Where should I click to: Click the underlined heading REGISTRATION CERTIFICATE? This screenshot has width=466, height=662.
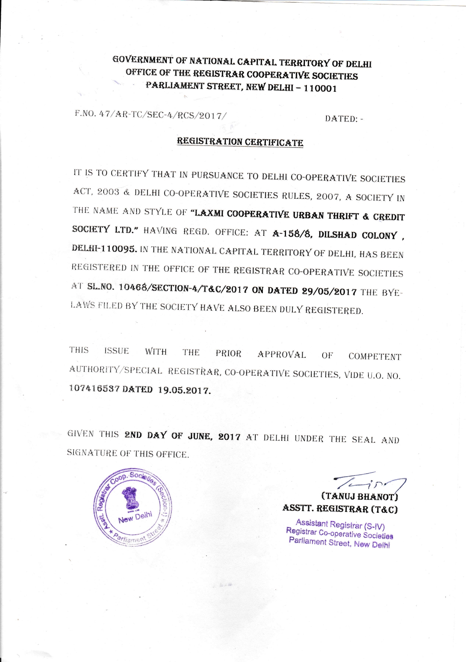click(x=240, y=142)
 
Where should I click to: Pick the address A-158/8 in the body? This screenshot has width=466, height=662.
click(x=292, y=234)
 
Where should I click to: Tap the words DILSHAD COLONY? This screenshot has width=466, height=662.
click(x=357, y=235)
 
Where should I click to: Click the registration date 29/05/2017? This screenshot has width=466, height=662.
click(x=329, y=291)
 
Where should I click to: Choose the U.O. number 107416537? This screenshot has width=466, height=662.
click(x=94, y=388)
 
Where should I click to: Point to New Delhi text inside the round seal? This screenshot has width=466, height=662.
click(x=135, y=517)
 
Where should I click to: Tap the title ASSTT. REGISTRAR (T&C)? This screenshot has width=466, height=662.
click(x=340, y=509)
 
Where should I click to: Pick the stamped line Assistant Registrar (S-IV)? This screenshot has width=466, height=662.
click(x=340, y=524)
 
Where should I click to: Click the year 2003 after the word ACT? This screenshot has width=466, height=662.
click(x=108, y=192)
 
